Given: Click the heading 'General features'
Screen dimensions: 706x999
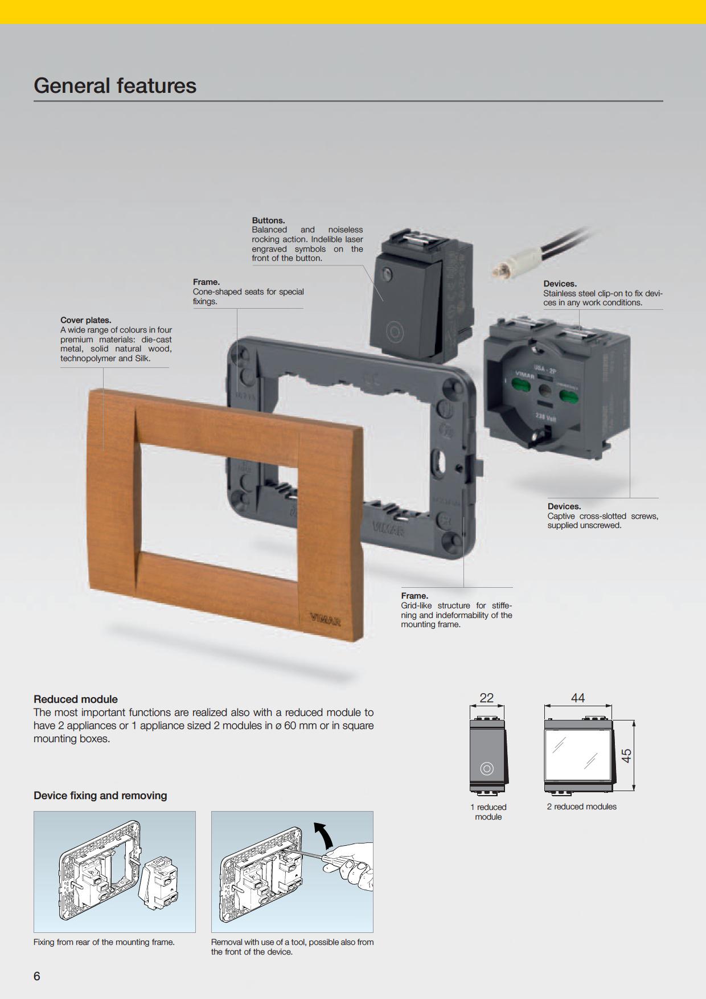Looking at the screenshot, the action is [x=115, y=86].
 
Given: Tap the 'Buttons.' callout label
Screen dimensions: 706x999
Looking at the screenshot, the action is [x=268, y=220].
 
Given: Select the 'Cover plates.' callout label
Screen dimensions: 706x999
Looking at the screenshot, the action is [x=86, y=320].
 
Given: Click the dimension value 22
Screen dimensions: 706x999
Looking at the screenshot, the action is [x=487, y=698].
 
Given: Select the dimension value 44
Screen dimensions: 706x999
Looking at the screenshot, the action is [x=578, y=698].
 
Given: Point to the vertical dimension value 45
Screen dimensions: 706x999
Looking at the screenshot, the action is [x=626, y=756].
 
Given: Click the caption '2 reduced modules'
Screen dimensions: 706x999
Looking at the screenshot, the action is [x=582, y=806].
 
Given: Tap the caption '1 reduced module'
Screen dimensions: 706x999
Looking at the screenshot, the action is [x=489, y=812].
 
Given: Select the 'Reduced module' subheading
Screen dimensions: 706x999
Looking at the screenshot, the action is [x=76, y=699].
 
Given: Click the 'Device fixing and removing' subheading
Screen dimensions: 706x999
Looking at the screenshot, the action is [x=100, y=796].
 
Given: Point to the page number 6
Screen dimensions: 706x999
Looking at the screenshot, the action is [x=37, y=976].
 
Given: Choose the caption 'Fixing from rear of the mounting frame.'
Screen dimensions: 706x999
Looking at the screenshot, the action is [x=104, y=942].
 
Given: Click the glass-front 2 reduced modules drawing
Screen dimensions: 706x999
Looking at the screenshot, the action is [x=580, y=756].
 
